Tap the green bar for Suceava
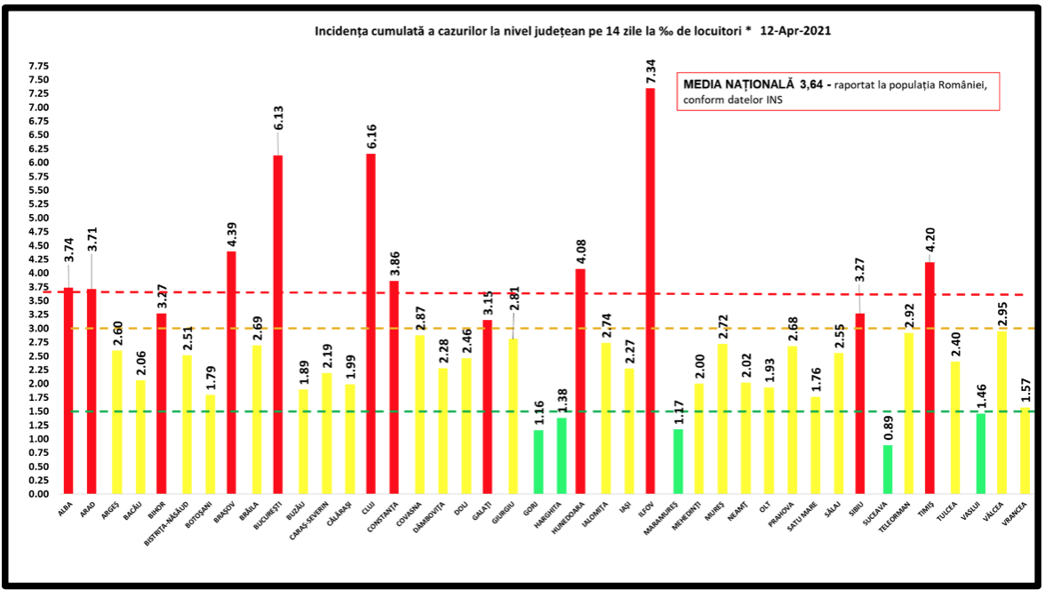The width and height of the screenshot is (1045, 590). coord(888,469)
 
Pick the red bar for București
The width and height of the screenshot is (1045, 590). coord(278,324)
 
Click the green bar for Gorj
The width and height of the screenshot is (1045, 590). coord(538,462)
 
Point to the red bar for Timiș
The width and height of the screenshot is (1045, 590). coord(929,378)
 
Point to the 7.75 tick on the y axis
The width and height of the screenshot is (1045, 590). coord(38,67)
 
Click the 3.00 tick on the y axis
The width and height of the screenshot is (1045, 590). coord(38,329)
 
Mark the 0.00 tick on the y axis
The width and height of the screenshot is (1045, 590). coord(38,494)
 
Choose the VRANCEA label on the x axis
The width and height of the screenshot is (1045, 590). coord(1021,516)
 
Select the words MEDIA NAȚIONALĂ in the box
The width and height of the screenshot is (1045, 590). coord(738,84)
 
